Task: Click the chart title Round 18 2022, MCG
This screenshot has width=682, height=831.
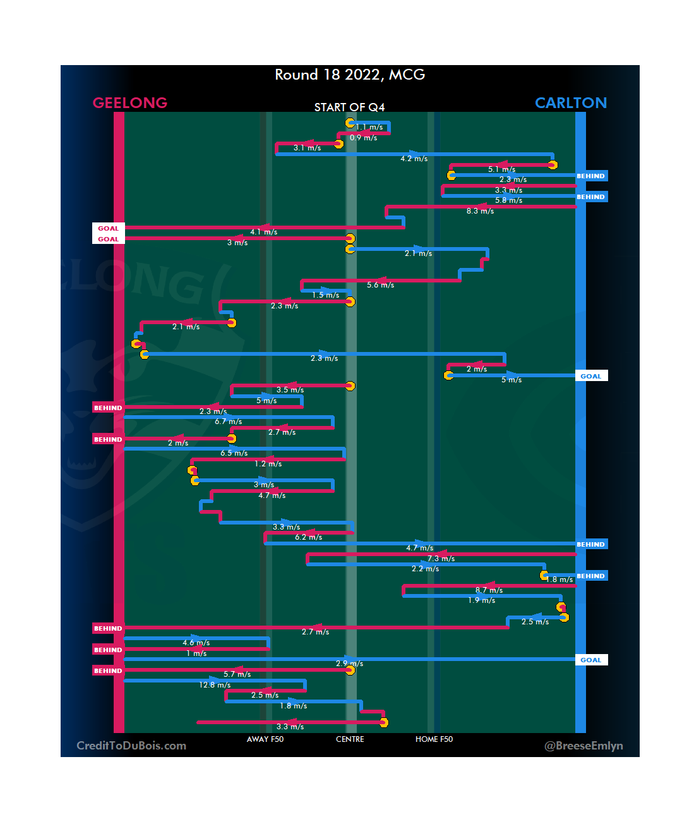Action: [x=350, y=75]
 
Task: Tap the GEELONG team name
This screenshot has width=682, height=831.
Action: [x=130, y=103]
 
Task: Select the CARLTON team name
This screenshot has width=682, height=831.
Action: [x=570, y=103]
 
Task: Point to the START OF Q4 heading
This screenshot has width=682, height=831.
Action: [x=349, y=107]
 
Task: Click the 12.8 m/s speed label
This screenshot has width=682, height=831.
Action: [x=215, y=685]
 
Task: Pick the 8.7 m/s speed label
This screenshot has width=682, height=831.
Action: [x=489, y=590]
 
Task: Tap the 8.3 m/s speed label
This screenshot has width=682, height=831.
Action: [x=480, y=211]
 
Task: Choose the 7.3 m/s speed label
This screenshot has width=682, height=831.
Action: [x=441, y=559]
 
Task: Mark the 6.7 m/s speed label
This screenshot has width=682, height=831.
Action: [x=228, y=422]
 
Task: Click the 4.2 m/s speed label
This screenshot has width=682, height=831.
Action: [x=414, y=159]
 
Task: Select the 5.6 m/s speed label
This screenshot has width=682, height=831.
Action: [x=380, y=285]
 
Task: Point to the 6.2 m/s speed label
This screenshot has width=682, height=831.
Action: [x=308, y=537]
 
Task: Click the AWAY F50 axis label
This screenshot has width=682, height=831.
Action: [x=265, y=739]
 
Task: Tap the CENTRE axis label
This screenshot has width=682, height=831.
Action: [x=350, y=739]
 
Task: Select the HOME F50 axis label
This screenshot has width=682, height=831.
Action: [x=434, y=739]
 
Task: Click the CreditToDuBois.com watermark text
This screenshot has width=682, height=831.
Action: [x=131, y=746]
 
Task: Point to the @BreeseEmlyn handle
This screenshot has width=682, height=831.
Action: [x=583, y=746]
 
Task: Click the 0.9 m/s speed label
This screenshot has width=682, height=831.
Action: [x=363, y=138]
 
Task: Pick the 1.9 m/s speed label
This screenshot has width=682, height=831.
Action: [x=481, y=600]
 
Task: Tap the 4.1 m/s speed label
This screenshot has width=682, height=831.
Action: [x=263, y=232]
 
